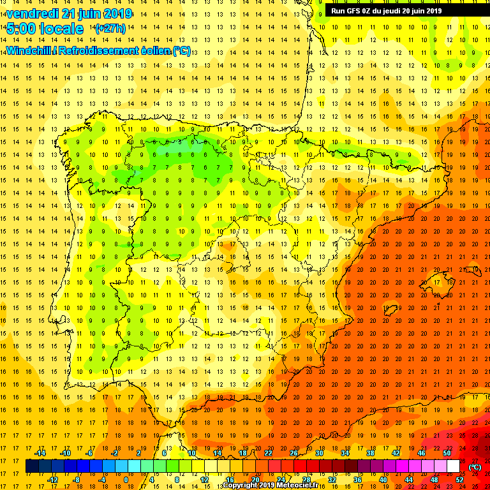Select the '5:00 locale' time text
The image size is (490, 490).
tap(45, 29)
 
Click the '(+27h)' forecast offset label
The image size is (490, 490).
tap(110, 29)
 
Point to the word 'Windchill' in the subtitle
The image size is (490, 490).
tap(29, 51)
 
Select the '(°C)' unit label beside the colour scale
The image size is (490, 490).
tap(475, 467)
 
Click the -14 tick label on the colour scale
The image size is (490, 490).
tap(40, 453)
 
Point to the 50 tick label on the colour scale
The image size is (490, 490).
tap(447, 453)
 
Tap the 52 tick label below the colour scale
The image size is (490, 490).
tap(459, 480)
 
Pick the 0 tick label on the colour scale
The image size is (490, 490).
tap(126, 480)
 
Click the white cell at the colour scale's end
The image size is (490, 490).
tap(453, 466)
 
